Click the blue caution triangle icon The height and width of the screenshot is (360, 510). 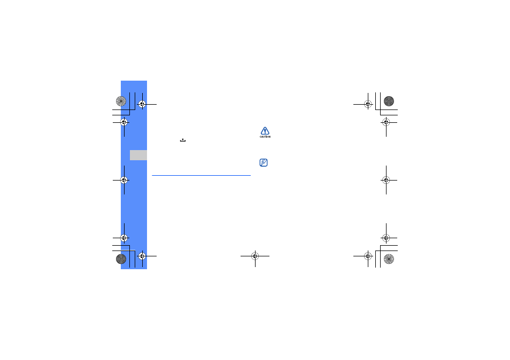(265, 131)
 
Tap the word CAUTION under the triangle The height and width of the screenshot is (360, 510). (265, 137)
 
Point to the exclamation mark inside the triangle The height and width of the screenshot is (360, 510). (265, 131)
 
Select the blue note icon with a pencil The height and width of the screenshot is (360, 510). (264, 162)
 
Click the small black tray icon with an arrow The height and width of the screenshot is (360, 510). (183, 140)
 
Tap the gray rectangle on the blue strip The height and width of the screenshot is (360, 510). (138, 155)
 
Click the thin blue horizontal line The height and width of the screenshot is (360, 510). (202, 175)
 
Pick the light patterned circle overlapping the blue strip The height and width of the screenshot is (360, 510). (121, 101)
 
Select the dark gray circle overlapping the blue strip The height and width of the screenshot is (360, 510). (121, 259)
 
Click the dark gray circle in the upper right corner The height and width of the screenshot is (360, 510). (389, 101)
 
